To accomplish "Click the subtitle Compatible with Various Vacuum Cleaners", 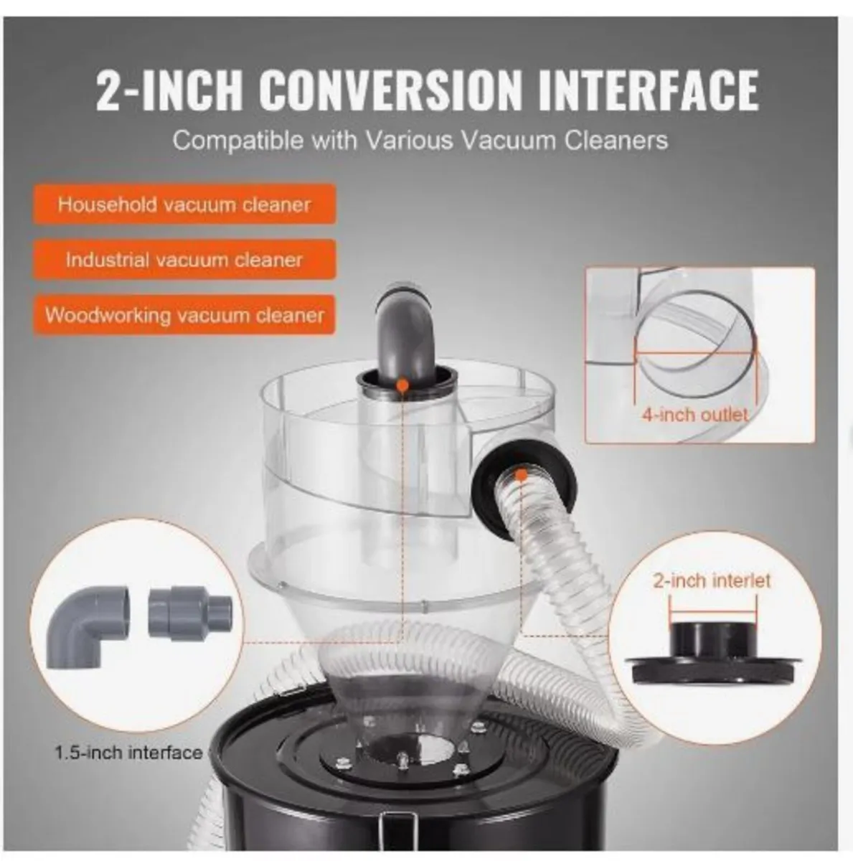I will (x=420, y=140).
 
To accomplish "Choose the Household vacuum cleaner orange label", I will (x=184, y=204).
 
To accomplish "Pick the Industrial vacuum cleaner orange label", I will (x=184, y=260).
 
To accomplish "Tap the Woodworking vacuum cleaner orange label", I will (x=184, y=315).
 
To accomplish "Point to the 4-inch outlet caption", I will (x=694, y=415).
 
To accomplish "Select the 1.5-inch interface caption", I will (x=128, y=753).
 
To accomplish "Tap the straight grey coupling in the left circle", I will (x=189, y=612).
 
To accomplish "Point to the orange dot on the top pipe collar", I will (x=403, y=386).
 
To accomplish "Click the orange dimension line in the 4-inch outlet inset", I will (x=694, y=352).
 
